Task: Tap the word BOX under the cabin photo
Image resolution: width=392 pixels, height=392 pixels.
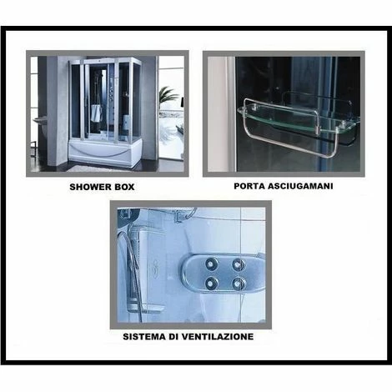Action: pyautogui.click(x=125, y=187)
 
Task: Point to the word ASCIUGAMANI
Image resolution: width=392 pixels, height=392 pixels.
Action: pyautogui.click(x=300, y=186)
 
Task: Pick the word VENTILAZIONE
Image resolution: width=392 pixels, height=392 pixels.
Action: pyautogui.click(x=218, y=336)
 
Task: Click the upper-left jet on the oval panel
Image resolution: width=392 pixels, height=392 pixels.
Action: pyautogui.click(x=212, y=264)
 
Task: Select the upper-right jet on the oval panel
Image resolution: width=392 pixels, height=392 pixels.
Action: pyautogui.click(x=238, y=264)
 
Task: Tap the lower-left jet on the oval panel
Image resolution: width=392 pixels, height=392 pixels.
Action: pyautogui.click(x=211, y=283)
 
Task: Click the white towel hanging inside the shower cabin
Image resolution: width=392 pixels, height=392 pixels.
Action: pyautogui.click(x=97, y=113)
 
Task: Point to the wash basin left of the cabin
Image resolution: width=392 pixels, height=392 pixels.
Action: pyautogui.click(x=41, y=121)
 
